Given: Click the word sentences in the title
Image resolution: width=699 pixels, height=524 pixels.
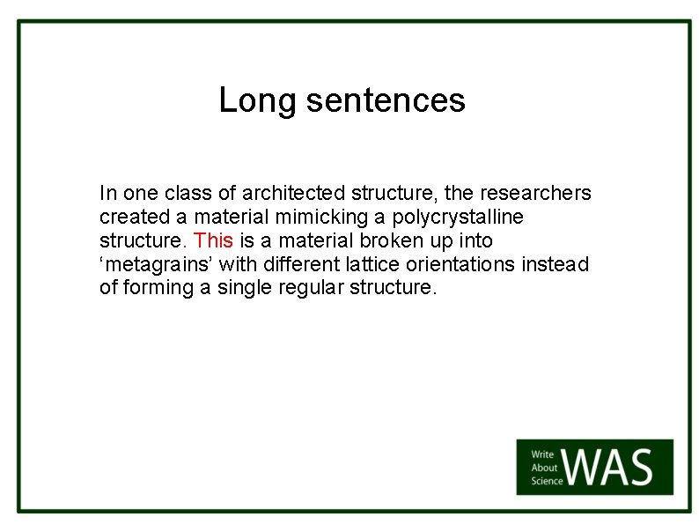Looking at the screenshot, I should tap(386, 100).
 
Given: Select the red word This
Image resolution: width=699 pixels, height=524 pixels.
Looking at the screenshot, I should tap(213, 240).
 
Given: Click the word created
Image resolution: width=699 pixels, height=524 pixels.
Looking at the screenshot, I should tap(130, 217).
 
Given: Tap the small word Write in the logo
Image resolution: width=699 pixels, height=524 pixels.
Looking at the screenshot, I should tap(542, 455).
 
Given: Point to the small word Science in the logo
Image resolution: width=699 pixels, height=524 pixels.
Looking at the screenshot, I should tap(547, 481).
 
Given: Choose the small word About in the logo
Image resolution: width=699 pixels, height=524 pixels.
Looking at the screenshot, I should tap(544, 469).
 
